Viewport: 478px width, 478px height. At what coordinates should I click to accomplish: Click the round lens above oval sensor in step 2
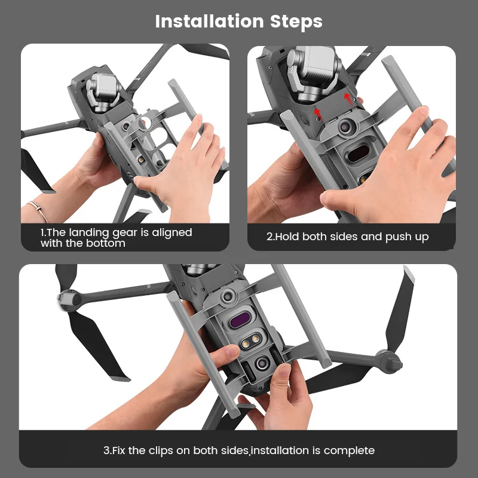pos(347,127)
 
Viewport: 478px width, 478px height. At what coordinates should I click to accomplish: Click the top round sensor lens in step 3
pos(227,296)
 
